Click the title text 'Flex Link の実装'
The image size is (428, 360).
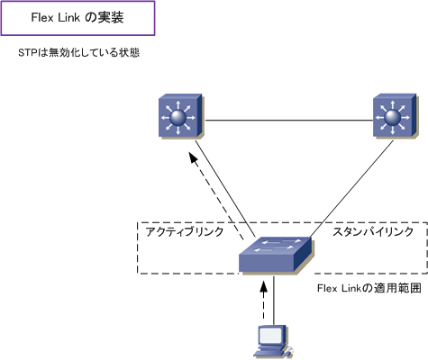click(x=77, y=17)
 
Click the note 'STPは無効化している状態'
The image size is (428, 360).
click(x=79, y=53)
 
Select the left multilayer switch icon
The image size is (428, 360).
click(x=181, y=116)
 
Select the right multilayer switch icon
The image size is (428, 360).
click(x=396, y=116)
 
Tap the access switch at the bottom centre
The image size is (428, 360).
click(x=277, y=256)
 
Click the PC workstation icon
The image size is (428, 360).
click(x=273, y=342)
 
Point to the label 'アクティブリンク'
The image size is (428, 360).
click(x=185, y=232)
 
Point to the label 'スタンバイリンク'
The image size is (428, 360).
click(x=373, y=232)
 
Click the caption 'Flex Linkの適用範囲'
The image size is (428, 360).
click(x=369, y=288)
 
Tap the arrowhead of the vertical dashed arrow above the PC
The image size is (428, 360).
click(x=263, y=286)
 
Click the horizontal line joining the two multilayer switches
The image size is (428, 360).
click(x=288, y=121)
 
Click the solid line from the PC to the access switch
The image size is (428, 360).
click(x=274, y=300)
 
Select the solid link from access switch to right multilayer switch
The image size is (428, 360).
click(x=351, y=188)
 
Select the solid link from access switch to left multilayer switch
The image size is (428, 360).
click(x=226, y=188)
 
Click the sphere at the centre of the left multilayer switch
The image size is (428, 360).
click(x=178, y=117)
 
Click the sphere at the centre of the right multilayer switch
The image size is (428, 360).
click(x=392, y=117)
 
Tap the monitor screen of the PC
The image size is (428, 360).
click(x=270, y=336)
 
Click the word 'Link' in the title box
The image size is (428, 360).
click(x=69, y=17)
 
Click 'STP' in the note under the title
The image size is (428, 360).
click(x=27, y=53)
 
